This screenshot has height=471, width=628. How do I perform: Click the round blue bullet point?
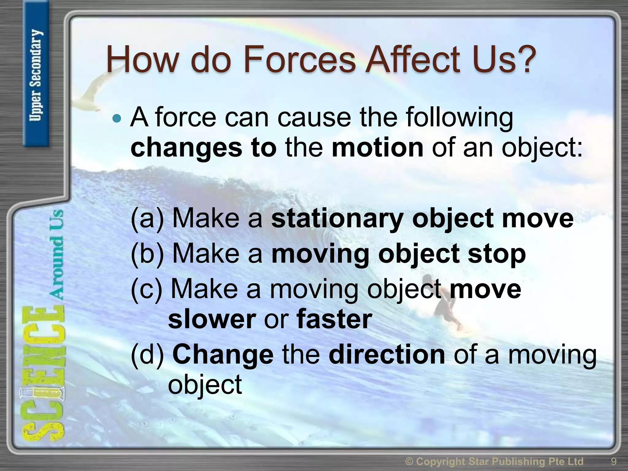(x=117, y=118)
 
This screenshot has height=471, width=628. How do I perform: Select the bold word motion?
(x=377, y=147)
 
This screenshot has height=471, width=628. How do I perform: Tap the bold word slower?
(x=212, y=319)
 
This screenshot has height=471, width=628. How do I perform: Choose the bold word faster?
(x=334, y=319)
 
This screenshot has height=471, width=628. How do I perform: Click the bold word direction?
(x=387, y=355)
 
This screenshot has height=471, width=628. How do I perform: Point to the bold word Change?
(x=223, y=355)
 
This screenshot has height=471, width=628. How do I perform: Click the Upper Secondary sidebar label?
(x=36, y=75)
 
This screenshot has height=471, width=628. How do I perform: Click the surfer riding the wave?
(x=445, y=307)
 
